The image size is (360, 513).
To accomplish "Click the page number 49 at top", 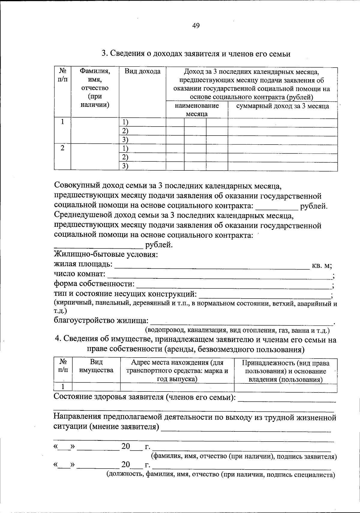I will pyautogui.click(x=196, y=26).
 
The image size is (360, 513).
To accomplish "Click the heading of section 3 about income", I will pyautogui.click(x=196, y=54).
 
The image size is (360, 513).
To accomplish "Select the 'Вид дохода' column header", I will pyautogui.click(x=142, y=71).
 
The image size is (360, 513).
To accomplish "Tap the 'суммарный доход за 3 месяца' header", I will pyautogui.click(x=282, y=106).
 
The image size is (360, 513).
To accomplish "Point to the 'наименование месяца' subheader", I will pyautogui.click(x=197, y=110).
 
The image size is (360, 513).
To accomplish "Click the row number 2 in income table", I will pyautogui.click(x=62, y=148).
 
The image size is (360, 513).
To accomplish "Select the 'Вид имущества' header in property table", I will pyautogui.click(x=96, y=366).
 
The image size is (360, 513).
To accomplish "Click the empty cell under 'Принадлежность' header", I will pyautogui.click(x=285, y=388).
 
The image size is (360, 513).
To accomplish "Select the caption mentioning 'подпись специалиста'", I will pyautogui.click(x=221, y=475).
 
